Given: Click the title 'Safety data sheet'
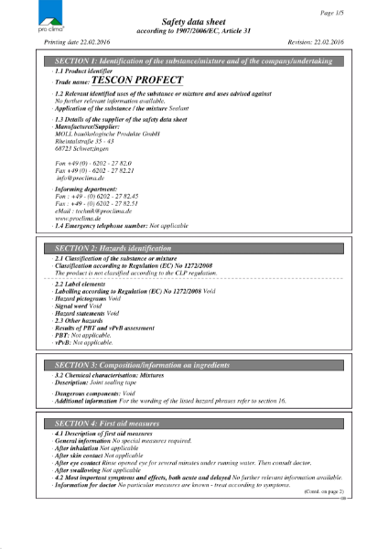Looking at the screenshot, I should (193, 19).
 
